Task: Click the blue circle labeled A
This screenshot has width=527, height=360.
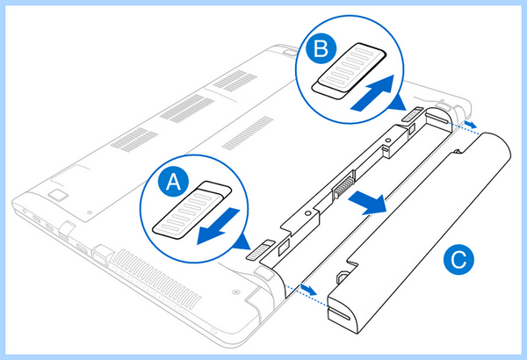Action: pyautogui.click(x=173, y=182)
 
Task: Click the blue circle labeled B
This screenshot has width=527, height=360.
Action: pyautogui.click(x=321, y=49)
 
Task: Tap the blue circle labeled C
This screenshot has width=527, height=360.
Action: pyautogui.click(x=458, y=260)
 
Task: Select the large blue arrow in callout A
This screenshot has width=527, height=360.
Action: pyautogui.click(x=218, y=226)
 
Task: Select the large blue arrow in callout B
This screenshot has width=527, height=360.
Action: pyautogui.click(x=372, y=93)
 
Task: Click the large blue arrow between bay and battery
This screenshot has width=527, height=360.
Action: pyautogui.click(x=368, y=202)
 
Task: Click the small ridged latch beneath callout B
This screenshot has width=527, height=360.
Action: pyautogui.click(x=413, y=116)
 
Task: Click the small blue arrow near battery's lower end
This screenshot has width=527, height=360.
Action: pyautogui.click(x=308, y=289)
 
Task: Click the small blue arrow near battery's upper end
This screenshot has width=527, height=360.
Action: pyautogui.click(x=470, y=124)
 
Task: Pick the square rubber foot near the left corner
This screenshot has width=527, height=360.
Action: pyautogui.click(x=58, y=195)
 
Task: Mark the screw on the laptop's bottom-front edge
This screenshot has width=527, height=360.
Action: pyautogui.click(x=236, y=292)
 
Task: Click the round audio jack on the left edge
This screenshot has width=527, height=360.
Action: pyautogui.click(x=25, y=211)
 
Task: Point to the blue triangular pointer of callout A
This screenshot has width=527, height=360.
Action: pyautogui.click(x=243, y=242)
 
